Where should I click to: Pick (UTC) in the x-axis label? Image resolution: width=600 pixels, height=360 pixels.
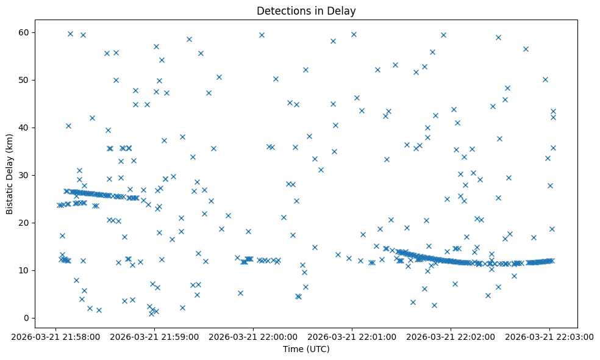coord(317,349)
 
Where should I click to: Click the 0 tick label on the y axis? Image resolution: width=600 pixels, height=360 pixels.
coord(26,318)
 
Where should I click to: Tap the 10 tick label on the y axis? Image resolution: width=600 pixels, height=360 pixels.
coord(24,270)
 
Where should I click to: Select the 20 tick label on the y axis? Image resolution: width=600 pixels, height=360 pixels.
coord(24,223)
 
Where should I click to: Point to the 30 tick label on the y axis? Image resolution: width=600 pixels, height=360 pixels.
coord(24,175)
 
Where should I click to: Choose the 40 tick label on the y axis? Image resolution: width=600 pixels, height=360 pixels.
coord(24,128)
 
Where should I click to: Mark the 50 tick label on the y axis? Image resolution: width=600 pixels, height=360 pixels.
coord(24,80)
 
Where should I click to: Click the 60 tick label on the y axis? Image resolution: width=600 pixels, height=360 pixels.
coord(24,32)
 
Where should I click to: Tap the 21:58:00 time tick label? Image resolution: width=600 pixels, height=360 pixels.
coord(55,336)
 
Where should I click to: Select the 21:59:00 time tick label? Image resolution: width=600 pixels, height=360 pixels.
coord(154,336)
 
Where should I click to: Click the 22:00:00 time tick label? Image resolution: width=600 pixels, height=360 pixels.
coord(253,336)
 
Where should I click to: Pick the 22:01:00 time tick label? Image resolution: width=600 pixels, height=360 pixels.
coord(352,336)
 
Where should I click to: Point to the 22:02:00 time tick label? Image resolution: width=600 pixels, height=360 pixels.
coord(451,336)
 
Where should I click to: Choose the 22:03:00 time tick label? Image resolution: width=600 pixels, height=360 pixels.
coord(549,336)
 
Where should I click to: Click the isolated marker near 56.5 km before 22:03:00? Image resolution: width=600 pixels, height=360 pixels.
coord(526,49)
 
